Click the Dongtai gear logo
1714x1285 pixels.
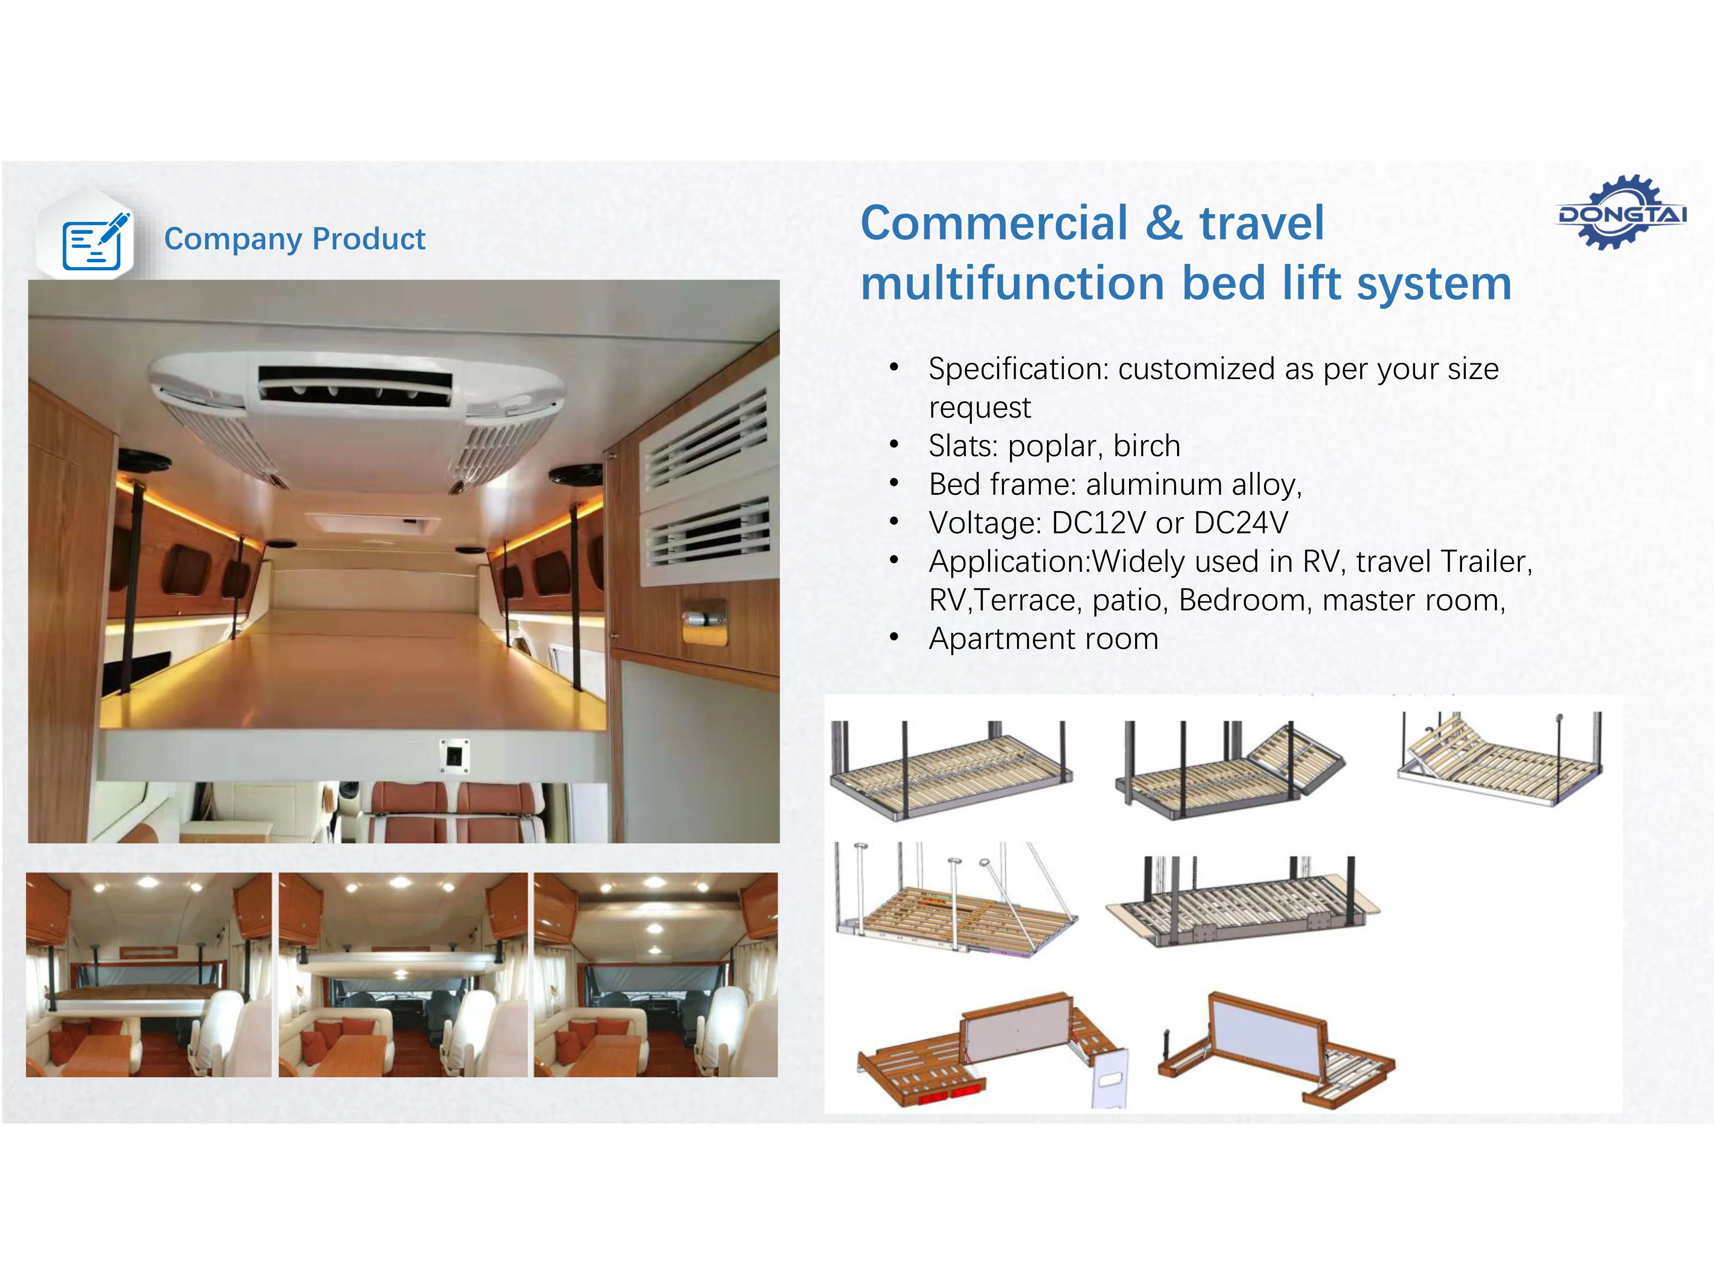[x=1622, y=212]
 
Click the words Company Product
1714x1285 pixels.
[x=294, y=239]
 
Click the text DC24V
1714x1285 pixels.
[x=1241, y=523]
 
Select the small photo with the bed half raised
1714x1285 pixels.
[x=403, y=974]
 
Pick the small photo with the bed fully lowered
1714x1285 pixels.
[x=149, y=974]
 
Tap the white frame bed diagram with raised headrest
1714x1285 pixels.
[x=1499, y=759]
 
